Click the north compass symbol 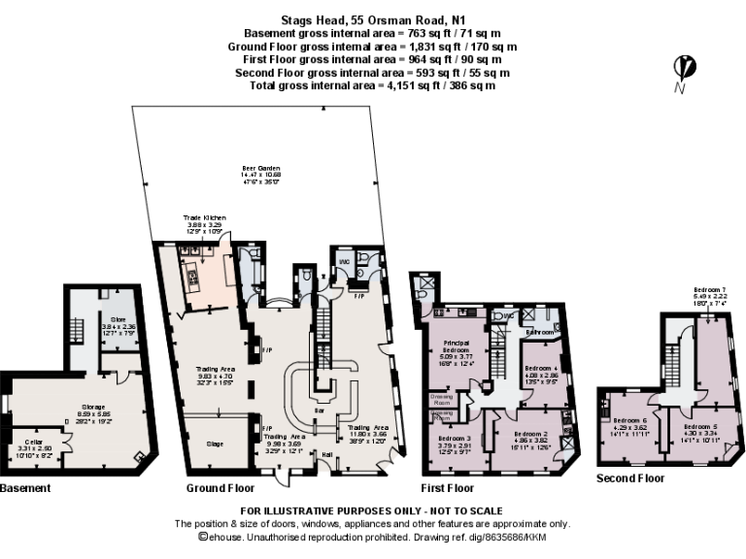coord(685,68)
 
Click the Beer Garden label coord(254,168)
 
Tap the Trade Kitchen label coord(205,218)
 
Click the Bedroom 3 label coord(455,438)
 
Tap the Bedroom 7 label coord(710,290)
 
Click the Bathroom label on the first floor coord(539,331)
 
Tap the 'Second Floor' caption coord(630,478)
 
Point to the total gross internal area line coord(372,85)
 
